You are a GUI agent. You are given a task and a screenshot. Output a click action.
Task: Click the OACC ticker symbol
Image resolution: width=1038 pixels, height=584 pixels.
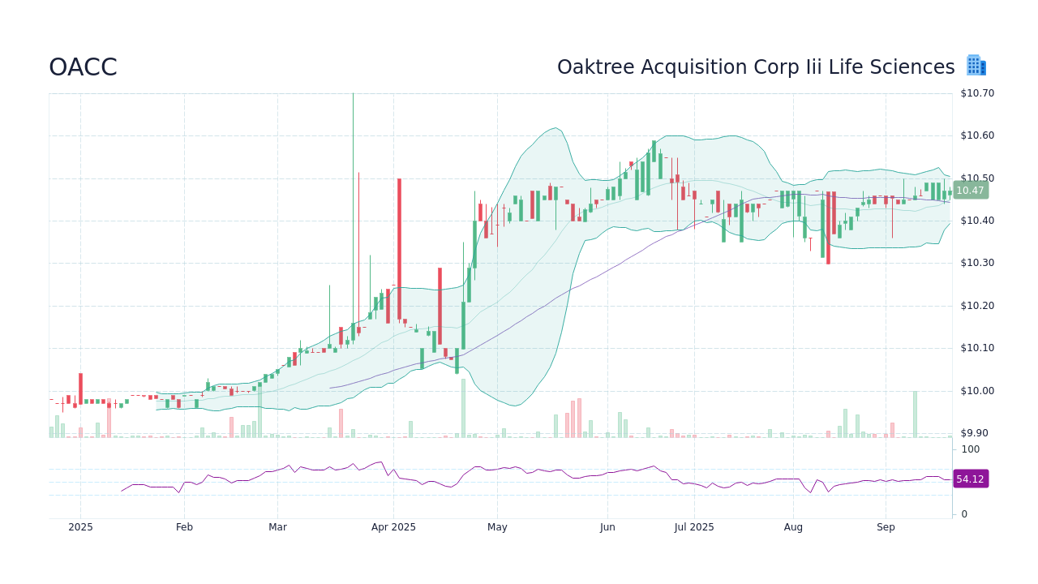(83, 67)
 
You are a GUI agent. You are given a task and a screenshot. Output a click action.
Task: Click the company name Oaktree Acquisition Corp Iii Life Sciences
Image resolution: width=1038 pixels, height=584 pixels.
(756, 67)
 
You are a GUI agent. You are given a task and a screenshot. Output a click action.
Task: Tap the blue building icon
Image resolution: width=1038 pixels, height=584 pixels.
(976, 66)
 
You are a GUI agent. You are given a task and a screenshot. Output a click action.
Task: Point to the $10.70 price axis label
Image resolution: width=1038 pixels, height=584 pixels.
(976, 93)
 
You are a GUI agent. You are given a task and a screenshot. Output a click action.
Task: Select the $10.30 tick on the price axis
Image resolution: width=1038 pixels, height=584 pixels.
(976, 263)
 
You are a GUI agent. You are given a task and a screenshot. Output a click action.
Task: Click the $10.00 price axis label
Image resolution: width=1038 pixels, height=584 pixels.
(976, 391)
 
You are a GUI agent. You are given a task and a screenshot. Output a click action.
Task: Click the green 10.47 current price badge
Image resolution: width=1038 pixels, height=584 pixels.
(970, 191)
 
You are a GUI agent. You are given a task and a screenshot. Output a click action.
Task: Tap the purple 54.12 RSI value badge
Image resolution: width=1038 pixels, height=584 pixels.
(970, 479)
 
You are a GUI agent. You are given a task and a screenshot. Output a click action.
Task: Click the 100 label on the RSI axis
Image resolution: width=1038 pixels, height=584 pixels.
(971, 449)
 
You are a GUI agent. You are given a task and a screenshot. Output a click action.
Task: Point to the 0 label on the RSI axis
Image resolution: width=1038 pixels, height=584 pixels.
(964, 514)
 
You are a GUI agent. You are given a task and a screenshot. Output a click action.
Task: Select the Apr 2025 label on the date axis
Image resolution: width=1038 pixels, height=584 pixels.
(393, 527)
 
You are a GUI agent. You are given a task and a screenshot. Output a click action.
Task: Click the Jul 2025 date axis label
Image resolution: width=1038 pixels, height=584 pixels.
(694, 527)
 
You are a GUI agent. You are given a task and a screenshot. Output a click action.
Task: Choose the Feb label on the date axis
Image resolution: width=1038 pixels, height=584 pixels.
(184, 527)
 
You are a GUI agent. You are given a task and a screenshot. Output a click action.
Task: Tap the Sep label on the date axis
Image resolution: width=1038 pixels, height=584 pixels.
(886, 527)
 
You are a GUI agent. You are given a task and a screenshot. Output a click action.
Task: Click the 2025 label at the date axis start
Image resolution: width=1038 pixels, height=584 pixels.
(80, 527)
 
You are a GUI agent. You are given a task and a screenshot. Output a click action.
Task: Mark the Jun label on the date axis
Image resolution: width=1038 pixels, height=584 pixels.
(607, 527)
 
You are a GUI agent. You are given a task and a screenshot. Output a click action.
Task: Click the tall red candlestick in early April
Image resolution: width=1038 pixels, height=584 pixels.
(399, 248)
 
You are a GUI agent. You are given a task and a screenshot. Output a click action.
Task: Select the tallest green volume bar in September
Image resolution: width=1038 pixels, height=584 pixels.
(915, 414)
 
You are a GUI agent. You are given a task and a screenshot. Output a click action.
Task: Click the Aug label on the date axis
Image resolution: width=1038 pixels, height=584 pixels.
(793, 527)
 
